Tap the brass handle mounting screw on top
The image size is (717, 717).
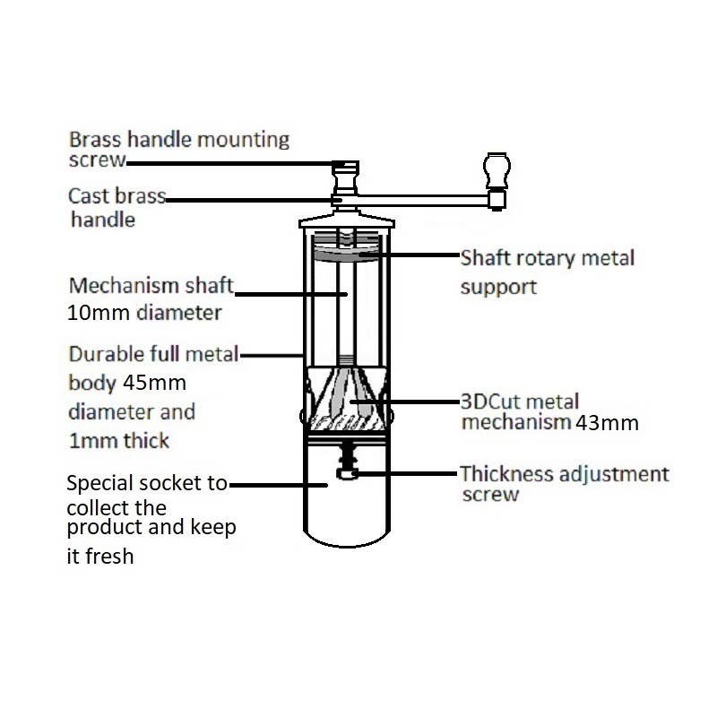(x=345, y=166)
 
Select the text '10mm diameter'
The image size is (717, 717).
(x=144, y=313)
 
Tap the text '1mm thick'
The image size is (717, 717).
(x=119, y=440)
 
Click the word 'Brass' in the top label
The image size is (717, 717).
(x=95, y=140)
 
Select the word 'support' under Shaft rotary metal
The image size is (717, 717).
(x=498, y=287)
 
